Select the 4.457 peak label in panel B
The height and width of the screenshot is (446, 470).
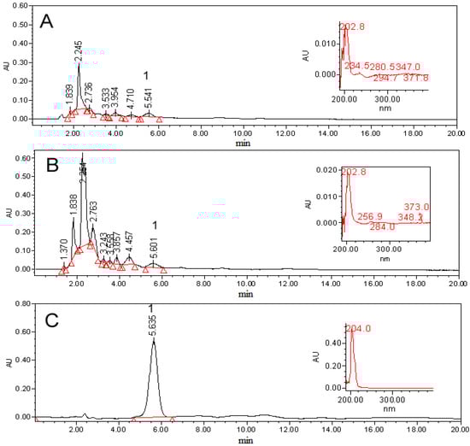pos(129,242)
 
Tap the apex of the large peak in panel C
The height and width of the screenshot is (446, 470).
pos(154,339)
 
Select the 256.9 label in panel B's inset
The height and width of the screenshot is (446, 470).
pos(359,217)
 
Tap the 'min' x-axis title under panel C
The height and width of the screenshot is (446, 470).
pos(245,441)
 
